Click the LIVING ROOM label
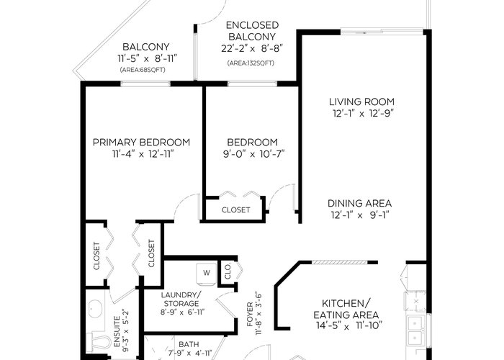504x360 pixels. click(361, 102)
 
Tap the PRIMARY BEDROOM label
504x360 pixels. click(141, 143)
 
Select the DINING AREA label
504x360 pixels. click(360, 204)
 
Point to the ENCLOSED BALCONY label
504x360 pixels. click(252, 31)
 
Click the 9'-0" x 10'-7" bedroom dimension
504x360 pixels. click(254, 154)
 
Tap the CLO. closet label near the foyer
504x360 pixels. click(228, 271)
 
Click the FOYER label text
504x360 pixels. click(250, 315)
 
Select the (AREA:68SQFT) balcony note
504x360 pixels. click(143, 70)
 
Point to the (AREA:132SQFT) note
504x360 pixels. click(251, 63)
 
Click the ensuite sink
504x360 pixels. click(96, 309)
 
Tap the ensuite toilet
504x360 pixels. click(98, 343)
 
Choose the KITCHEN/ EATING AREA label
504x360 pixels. click(346, 309)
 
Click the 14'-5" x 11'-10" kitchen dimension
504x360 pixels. click(349, 325)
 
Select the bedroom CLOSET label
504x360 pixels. click(236, 210)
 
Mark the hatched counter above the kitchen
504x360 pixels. click(339, 263)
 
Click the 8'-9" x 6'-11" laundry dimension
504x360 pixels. click(183, 312)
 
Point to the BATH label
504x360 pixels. click(189, 344)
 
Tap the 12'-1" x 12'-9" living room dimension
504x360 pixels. click(363, 114)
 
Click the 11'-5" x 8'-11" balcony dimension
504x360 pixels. click(148, 59)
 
